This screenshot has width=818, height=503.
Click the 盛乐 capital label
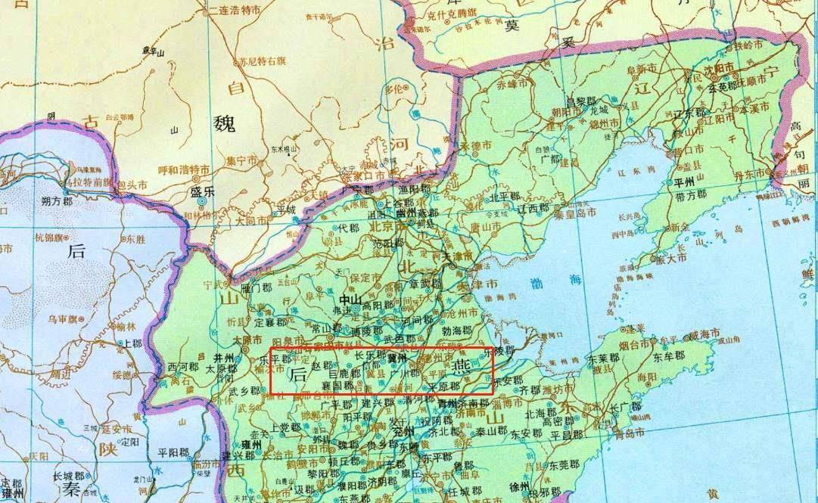tap(204, 191)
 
